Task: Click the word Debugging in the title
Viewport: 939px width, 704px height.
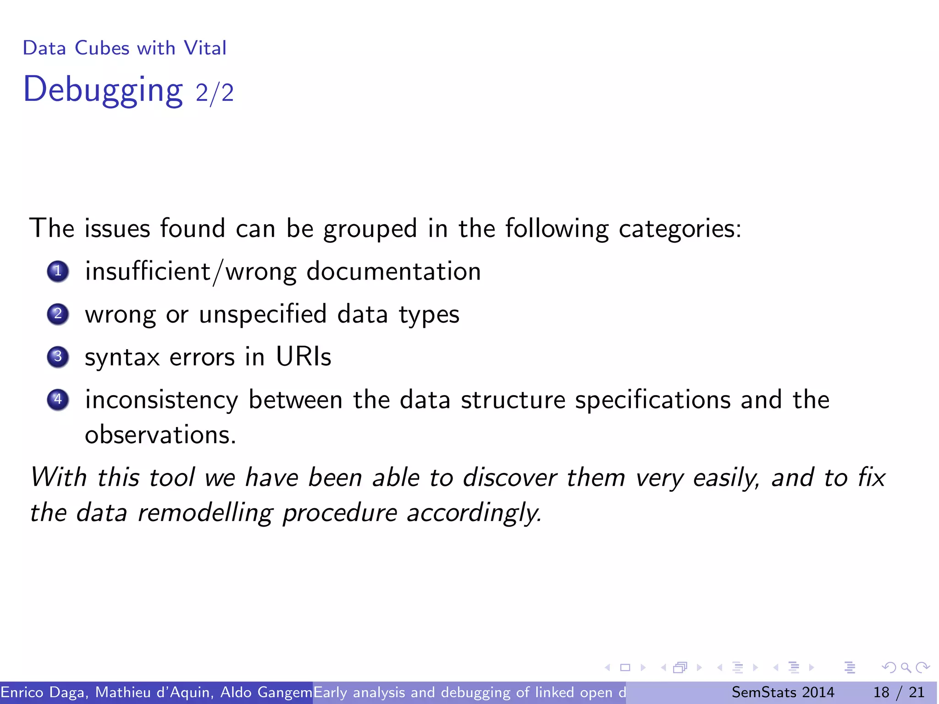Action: coord(103,90)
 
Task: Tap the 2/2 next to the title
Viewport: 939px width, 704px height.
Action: coord(215,93)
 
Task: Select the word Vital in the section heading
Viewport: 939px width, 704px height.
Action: coord(205,48)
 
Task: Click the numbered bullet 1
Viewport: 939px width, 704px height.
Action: coord(58,271)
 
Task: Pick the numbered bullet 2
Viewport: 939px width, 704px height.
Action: coord(58,314)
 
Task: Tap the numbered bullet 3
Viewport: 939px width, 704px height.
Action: coord(58,357)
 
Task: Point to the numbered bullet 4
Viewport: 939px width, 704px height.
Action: coord(58,400)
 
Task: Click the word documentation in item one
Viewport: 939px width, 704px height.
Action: coord(393,271)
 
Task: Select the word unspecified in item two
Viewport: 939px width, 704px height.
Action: coord(263,315)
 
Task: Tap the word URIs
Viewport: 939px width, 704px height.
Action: coord(303,357)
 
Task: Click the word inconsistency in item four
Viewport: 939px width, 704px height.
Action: coord(161,400)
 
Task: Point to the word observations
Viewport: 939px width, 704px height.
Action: coord(160,434)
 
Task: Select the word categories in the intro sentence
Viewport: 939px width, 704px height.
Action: coord(679,229)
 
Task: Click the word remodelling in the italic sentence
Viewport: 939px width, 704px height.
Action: coord(205,512)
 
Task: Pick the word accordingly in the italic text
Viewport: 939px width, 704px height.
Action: coord(474,513)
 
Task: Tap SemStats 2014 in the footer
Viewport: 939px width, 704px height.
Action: coord(783,692)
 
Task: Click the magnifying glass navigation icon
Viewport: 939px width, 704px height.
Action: coord(905,667)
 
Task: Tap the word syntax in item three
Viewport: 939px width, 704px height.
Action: coord(122,357)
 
